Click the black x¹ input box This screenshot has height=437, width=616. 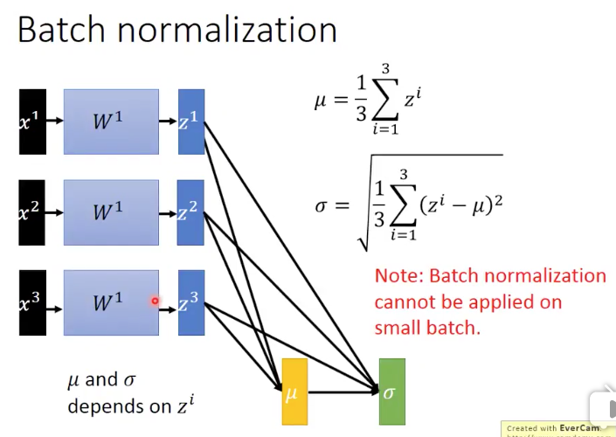click(x=32, y=121)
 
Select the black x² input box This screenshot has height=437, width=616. click(x=32, y=212)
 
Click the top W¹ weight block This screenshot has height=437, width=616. click(x=111, y=121)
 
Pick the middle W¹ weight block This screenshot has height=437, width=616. click(x=111, y=212)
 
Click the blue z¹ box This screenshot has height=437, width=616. click(x=190, y=121)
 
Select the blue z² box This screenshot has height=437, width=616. click(x=190, y=212)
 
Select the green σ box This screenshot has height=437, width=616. click(x=391, y=392)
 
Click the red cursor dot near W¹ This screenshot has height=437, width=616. click(x=155, y=302)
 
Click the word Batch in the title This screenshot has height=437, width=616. click(x=59, y=30)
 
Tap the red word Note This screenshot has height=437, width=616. click(x=398, y=276)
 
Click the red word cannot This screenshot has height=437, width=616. click(x=405, y=302)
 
